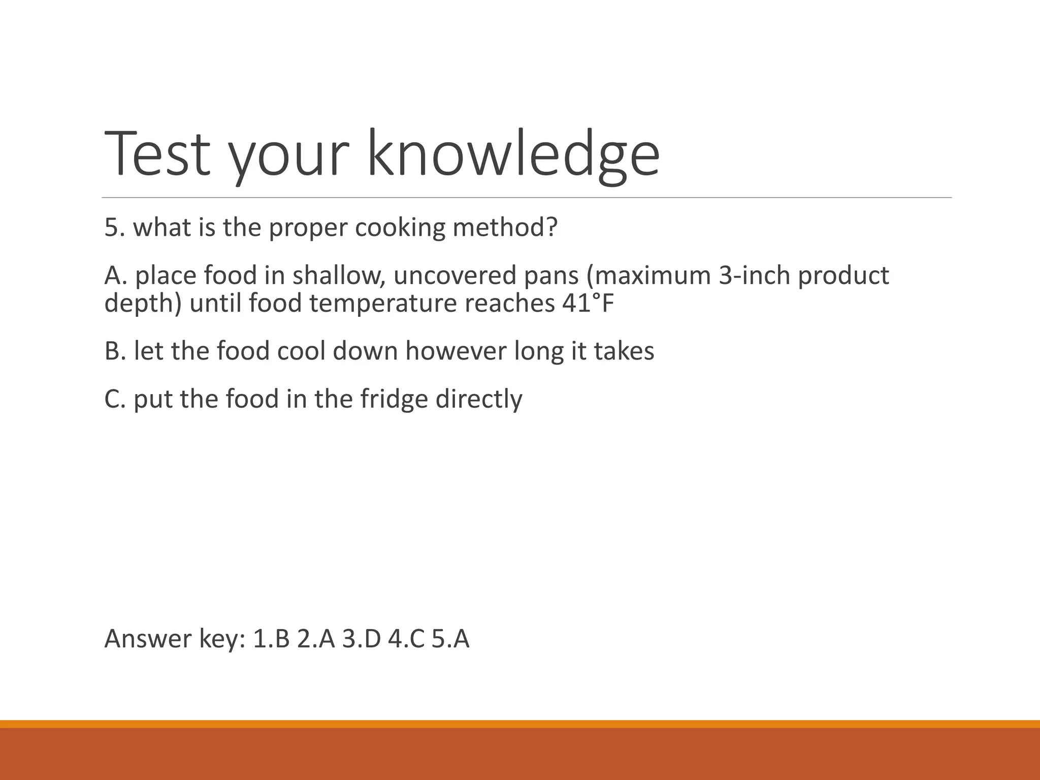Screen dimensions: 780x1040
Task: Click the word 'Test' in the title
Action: pyautogui.click(x=157, y=154)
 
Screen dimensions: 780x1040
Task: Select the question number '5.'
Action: pyautogui.click(x=115, y=227)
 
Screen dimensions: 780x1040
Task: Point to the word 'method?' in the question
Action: pyautogui.click(x=505, y=227)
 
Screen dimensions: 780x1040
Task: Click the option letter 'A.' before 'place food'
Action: pyautogui.click(x=116, y=276)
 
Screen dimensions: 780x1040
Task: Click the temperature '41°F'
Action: pyautogui.click(x=588, y=304)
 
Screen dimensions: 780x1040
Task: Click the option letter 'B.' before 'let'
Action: pyautogui.click(x=115, y=351)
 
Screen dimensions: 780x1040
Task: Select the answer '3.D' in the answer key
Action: pyautogui.click(x=361, y=639)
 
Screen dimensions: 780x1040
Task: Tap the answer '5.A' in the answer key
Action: pyautogui.click(x=450, y=639)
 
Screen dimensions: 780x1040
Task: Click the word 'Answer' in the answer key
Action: pyautogui.click(x=148, y=639)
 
